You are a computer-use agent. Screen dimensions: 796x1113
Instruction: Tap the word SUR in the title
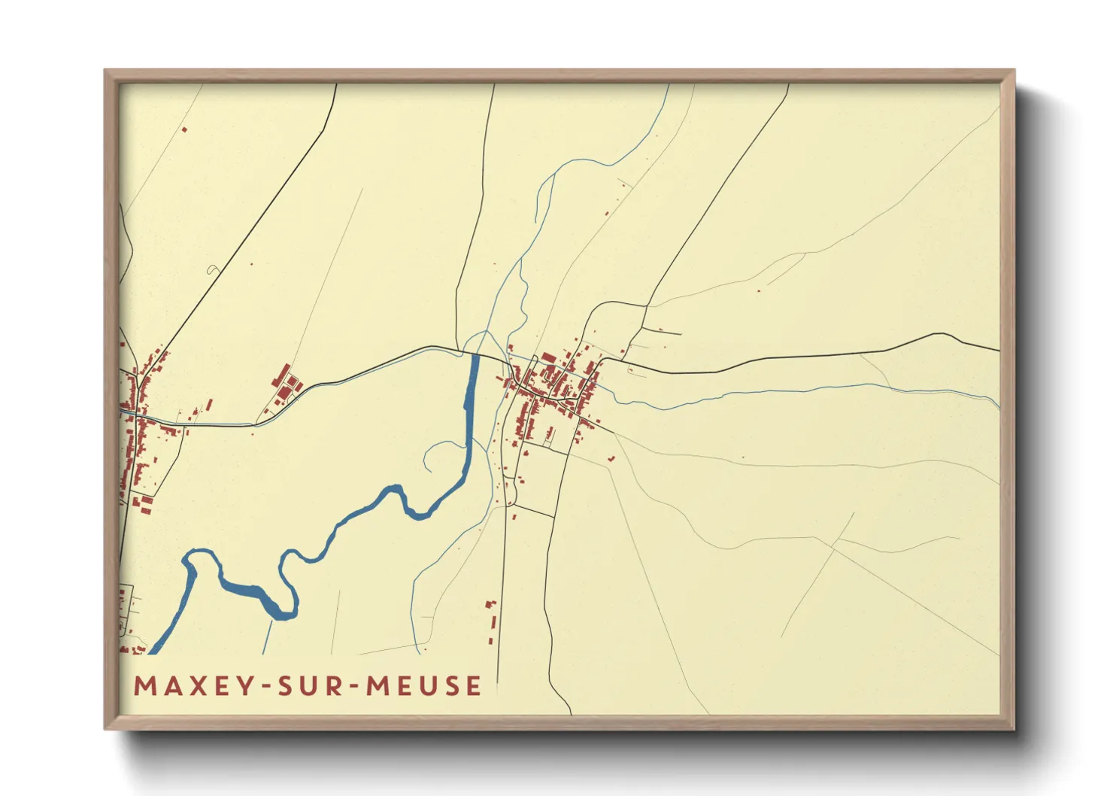point(311,686)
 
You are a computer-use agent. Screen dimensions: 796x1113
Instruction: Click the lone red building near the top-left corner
point(184,130)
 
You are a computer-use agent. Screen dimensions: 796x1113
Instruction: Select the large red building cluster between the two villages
point(285,383)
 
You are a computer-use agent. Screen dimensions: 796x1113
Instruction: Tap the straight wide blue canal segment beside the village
point(472,384)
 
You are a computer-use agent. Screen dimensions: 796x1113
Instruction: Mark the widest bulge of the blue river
point(248,590)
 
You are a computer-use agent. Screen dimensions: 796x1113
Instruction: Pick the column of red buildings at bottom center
point(493,620)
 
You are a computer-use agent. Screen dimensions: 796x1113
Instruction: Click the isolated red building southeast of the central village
point(611,457)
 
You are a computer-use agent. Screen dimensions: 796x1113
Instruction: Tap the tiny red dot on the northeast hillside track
point(758,290)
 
